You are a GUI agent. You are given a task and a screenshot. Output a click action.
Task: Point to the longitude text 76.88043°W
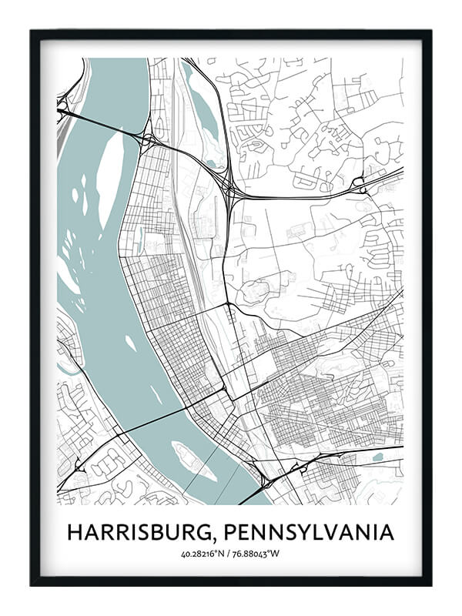click(x=258, y=553)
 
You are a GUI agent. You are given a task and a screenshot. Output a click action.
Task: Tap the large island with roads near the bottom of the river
click(x=193, y=460)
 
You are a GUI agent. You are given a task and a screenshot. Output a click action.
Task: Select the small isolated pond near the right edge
click(x=377, y=457)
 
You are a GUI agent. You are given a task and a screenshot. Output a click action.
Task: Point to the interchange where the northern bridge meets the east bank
click(x=146, y=140)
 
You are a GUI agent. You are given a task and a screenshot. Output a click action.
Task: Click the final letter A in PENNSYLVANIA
click(x=387, y=532)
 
